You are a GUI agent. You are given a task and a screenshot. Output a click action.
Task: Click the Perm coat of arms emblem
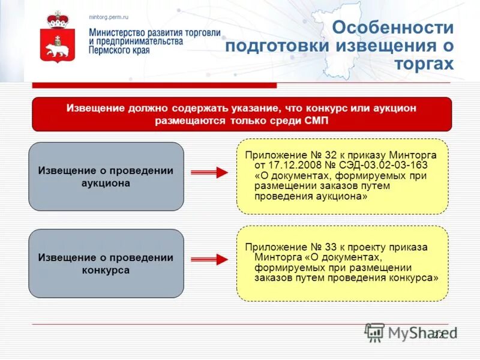[x=58, y=38]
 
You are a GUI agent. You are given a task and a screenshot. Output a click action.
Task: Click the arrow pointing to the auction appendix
[x=209, y=173]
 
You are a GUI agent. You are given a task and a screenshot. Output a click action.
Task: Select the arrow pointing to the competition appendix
[x=209, y=259]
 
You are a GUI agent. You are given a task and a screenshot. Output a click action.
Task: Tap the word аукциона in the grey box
[x=106, y=184]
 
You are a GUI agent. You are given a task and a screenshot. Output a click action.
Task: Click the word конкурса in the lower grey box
[x=106, y=270]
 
